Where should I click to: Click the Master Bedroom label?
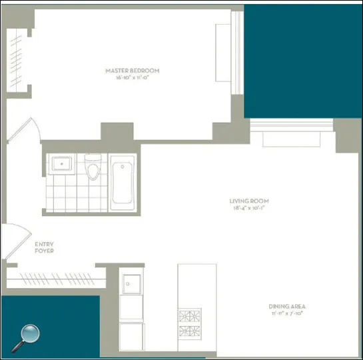pos(133,71)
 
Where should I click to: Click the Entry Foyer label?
pos(44,247)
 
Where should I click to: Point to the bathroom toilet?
pos(93,169)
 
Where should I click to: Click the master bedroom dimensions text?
pos(133,78)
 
